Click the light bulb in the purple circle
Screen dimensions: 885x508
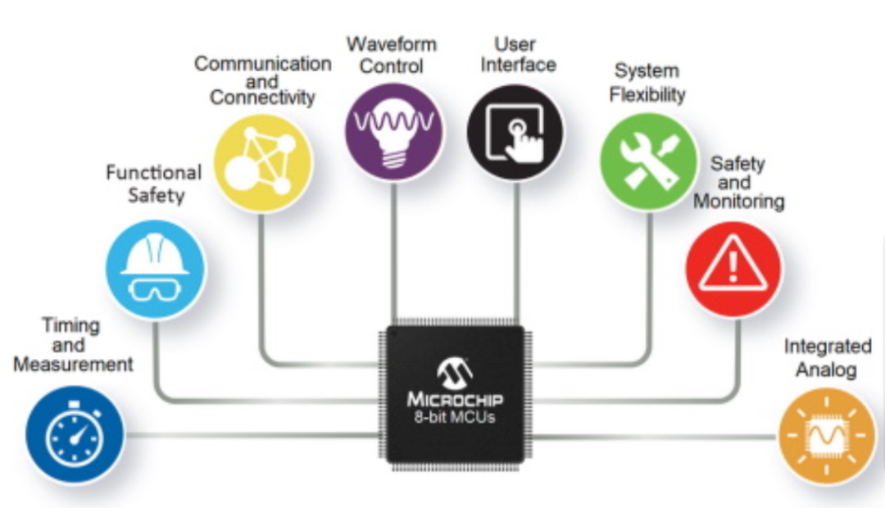(x=393, y=132)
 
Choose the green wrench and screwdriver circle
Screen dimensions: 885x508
(x=648, y=161)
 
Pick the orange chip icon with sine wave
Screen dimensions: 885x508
(x=827, y=437)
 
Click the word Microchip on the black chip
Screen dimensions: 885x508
(x=455, y=399)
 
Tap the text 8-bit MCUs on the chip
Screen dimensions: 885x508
(x=455, y=418)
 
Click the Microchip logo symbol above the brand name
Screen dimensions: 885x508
(x=455, y=373)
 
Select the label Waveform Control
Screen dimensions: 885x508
(x=392, y=55)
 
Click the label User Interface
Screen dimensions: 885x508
(x=518, y=54)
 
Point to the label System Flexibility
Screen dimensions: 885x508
(x=647, y=83)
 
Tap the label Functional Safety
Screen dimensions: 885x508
(x=154, y=184)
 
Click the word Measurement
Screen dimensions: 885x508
(x=74, y=365)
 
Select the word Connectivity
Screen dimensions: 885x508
(x=262, y=98)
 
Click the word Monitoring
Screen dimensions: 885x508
(x=739, y=202)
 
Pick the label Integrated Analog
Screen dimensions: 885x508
(x=828, y=358)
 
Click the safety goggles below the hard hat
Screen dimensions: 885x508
(x=155, y=290)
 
